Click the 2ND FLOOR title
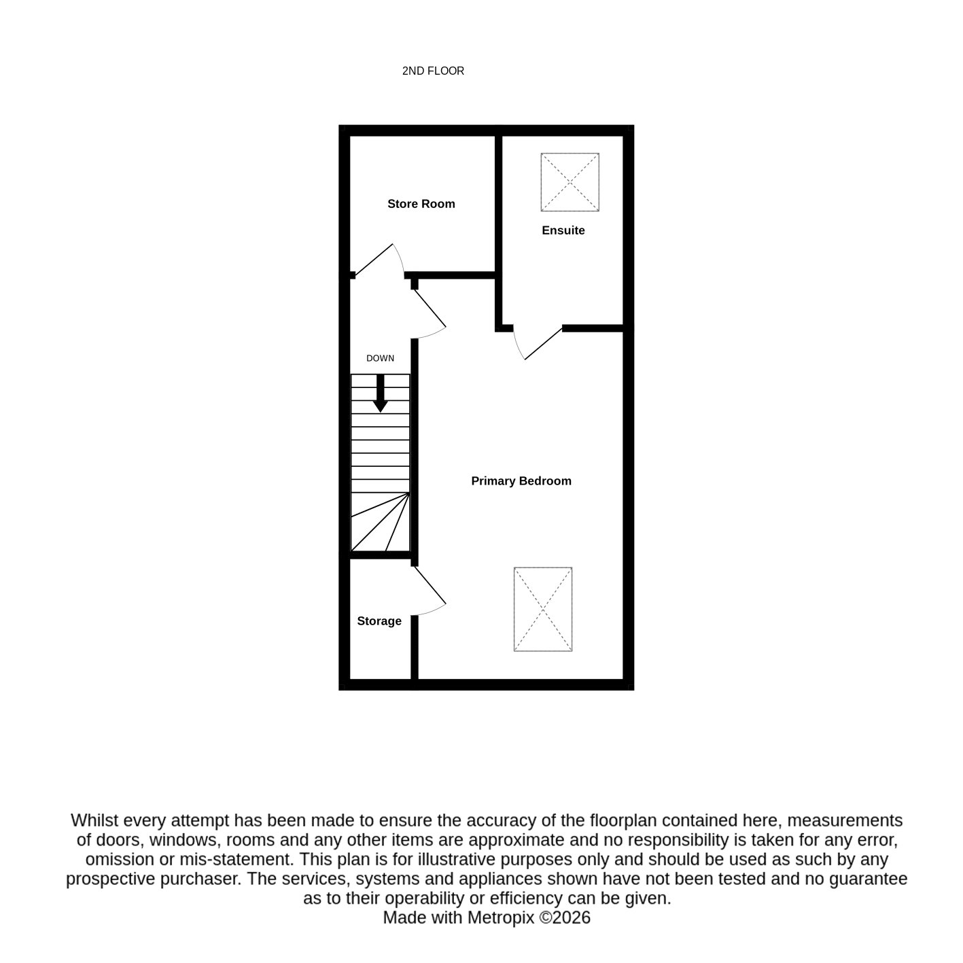coord(433,71)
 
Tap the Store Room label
coord(421,204)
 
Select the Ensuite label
coord(563,230)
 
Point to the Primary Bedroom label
coord(521,480)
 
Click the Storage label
coord(379,620)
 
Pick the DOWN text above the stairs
coord(380,358)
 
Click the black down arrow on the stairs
coord(381,393)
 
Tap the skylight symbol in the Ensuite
coord(570,182)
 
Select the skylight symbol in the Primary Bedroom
coord(542,609)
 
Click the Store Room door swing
coord(381,259)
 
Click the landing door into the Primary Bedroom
coord(430,313)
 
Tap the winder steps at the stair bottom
coord(380,522)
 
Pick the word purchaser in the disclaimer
coord(200,879)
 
